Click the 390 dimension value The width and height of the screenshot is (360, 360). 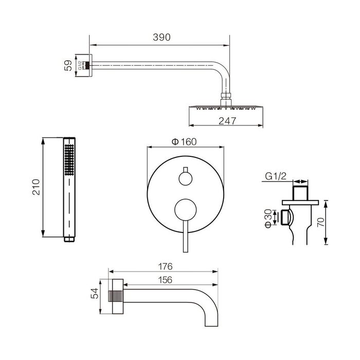point(161,37)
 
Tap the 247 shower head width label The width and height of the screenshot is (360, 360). point(227,121)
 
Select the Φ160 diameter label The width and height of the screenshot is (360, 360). point(184,141)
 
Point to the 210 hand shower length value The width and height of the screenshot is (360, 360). point(36,187)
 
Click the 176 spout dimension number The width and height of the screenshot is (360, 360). point(165,266)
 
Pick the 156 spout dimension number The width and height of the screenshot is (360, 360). point(165,280)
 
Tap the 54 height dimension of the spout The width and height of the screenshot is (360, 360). point(94,293)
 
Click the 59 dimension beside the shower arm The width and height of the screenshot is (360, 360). point(68,65)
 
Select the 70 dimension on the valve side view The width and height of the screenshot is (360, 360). point(321,222)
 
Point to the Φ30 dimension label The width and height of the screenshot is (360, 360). point(268,219)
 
